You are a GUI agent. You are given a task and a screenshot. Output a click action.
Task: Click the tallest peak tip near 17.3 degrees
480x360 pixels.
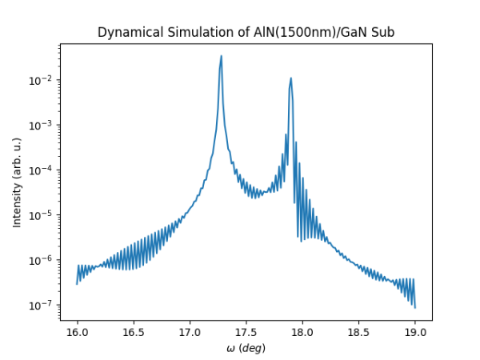tap(222, 56)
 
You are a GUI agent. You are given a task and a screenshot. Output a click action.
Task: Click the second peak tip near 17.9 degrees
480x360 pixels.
tap(291, 78)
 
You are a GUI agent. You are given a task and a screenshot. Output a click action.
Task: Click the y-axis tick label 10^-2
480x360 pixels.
tap(42, 80)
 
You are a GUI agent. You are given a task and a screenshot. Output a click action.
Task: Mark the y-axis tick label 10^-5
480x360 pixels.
tap(42, 214)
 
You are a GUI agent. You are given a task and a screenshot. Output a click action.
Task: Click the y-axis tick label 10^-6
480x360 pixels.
tap(42, 260)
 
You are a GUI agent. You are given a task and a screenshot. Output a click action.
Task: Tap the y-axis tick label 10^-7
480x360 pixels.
tap(42, 305)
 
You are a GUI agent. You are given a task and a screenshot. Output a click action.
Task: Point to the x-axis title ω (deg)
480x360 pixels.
tap(246, 348)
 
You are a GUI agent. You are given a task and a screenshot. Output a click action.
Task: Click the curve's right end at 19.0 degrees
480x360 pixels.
tap(415, 307)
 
